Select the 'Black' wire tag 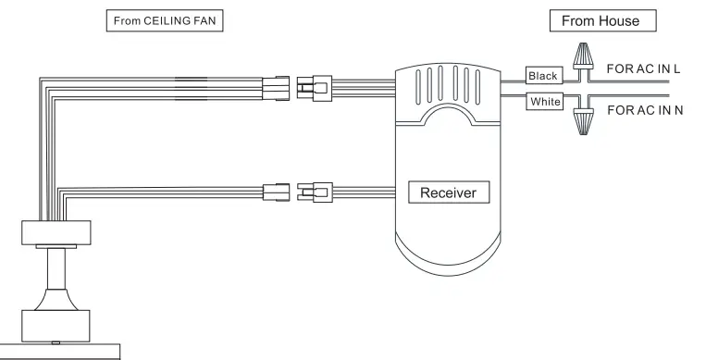(542, 76)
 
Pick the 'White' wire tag (544, 101)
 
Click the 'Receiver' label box (449, 193)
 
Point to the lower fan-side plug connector (276, 193)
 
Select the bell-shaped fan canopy (56, 300)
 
